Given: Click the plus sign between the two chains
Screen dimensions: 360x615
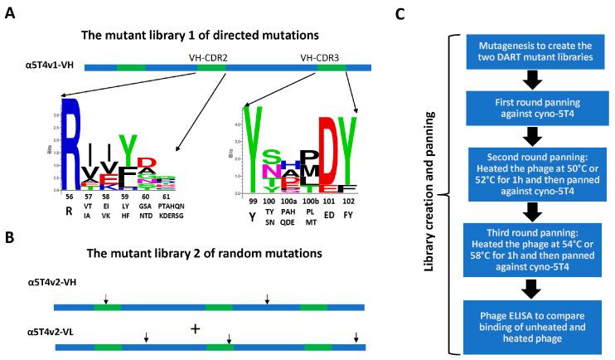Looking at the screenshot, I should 196,328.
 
